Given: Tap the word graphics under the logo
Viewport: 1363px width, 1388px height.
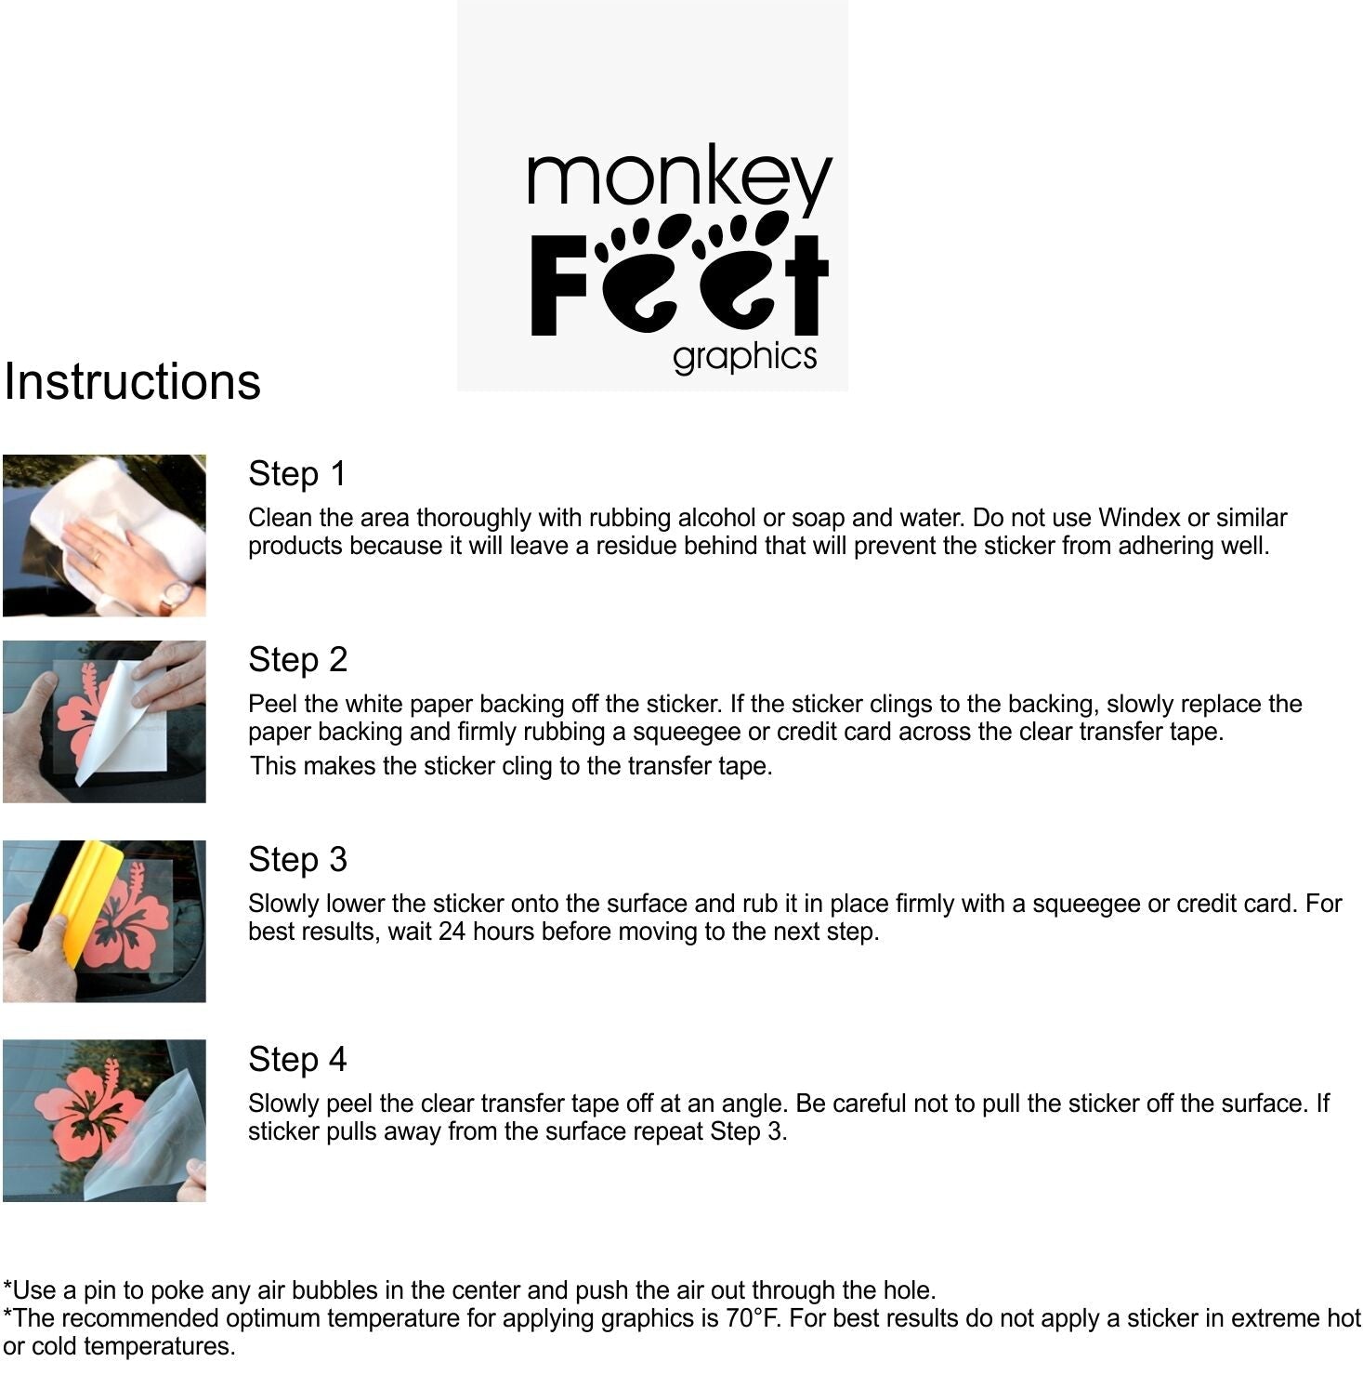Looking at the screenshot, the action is (745, 357).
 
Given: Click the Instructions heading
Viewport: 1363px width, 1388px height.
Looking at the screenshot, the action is (132, 381).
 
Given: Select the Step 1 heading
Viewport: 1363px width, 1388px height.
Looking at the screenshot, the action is (297, 473).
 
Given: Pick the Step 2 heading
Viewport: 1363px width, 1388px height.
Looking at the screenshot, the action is (297, 659).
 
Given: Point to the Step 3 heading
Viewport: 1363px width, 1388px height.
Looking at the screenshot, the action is (297, 859).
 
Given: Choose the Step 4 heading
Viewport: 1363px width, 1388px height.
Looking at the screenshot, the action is (297, 1059).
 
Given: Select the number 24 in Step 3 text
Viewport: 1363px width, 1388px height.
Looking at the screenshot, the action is (452, 932).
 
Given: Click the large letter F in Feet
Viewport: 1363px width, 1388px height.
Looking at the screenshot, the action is (559, 284).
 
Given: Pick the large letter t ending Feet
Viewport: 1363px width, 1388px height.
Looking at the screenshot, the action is (806, 284).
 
